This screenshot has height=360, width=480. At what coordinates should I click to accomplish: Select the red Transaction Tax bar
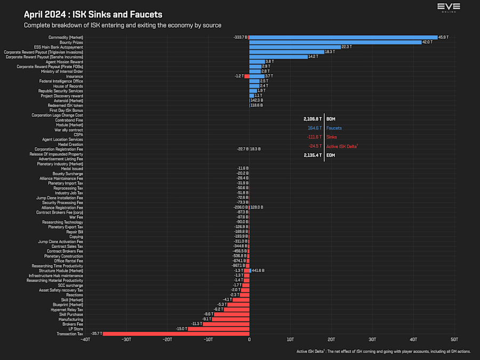pyautogui.click(x=176, y=334)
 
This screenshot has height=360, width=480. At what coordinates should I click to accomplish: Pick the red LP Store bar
pyautogui.click(x=219, y=329)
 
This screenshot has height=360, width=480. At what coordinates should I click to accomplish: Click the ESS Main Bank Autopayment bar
pyautogui.click(x=294, y=47)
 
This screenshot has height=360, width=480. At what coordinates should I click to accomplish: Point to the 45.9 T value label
pyautogui.click(x=443, y=37)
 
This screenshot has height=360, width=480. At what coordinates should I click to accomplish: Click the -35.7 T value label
pyautogui.click(x=97, y=334)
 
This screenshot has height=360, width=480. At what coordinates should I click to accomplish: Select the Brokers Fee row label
pyautogui.click(x=73, y=324)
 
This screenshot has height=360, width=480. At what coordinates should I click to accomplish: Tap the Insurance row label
pyautogui.click(x=74, y=76)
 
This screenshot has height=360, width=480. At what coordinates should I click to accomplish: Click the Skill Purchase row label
pyautogui.click(x=71, y=314)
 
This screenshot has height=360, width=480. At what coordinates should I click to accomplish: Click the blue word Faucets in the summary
pyautogui.click(x=334, y=129)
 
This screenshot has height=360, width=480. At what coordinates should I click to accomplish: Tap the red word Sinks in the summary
pyautogui.click(x=332, y=138)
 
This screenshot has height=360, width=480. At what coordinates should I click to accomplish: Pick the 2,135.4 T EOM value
pyautogui.click(x=312, y=156)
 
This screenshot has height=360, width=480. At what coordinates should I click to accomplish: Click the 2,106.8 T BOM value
pyautogui.click(x=312, y=119)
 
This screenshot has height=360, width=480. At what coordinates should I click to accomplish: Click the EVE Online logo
pyautogui.click(x=448, y=7)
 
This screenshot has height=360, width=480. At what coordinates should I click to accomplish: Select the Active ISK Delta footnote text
pyautogui.click(x=383, y=351)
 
